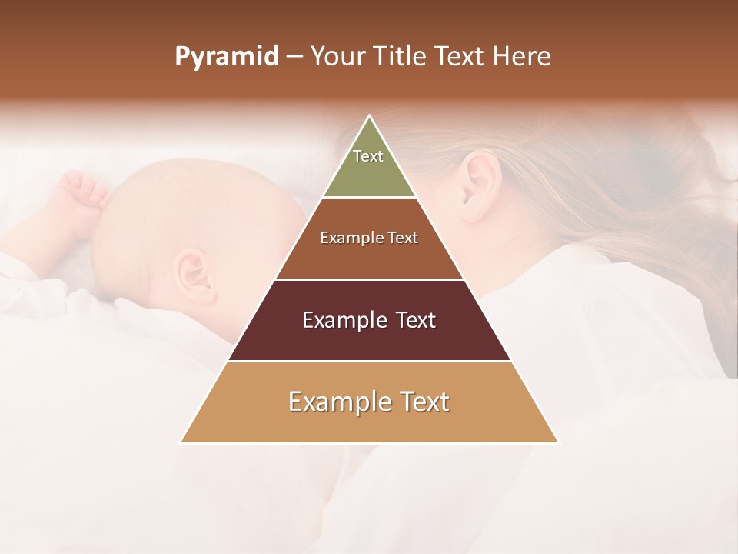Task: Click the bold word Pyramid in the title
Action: point(226,57)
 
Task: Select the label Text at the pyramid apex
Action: point(368,156)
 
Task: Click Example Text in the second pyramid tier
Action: point(369,238)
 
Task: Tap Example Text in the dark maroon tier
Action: point(369,320)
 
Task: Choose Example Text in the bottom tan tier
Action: point(369,402)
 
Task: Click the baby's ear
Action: point(191,271)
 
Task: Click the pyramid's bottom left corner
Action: point(181,442)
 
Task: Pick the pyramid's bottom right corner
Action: point(557,442)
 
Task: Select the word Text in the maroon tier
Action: point(411,320)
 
